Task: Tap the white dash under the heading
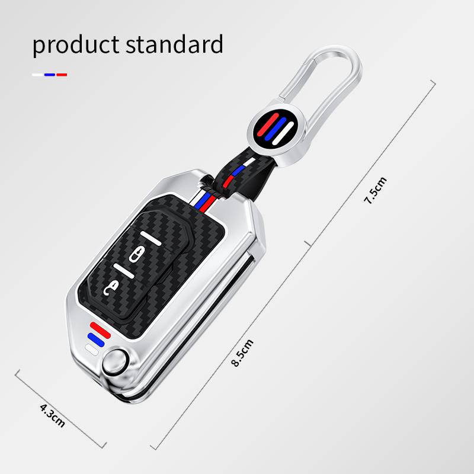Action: pyautogui.click(x=37, y=75)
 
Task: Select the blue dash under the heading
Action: pyautogui.click(x=49, y=75)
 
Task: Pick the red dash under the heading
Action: pyautogui.click(x=62, y=75)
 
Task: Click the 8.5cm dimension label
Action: pyautogui.click(x=244, y=352)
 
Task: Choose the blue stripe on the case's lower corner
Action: pyautogui.click(x=93, y=338)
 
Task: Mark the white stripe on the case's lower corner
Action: pyautogui.click(x=91, y=348)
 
